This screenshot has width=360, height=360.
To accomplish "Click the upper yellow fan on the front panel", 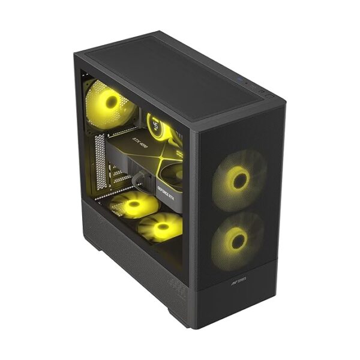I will pos(240,178).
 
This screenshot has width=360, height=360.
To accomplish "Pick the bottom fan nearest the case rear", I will pos(134,205).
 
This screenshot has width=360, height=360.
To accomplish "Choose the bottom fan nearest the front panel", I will pos(160,227).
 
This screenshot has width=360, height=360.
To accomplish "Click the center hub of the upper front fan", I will pos(240,178).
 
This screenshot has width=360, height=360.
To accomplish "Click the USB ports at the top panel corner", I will pos(262,92).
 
